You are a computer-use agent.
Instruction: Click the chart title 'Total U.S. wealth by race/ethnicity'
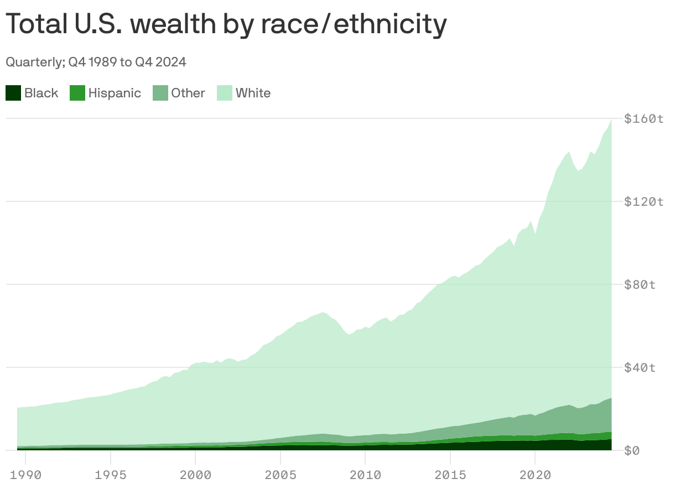pyautogui.click(x=226, y=24)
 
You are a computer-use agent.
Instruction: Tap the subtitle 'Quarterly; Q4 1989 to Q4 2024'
pyautogui.click(x=96, y=62)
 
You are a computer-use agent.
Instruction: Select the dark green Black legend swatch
pyautogui.click(x=13, y=93)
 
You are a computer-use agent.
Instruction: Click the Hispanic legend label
pyautogui.click(x=115, y=93)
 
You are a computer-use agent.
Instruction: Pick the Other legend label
pyautogui.click(x=188, y=93)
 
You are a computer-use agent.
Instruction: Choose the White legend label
pyautogui.click(x=253, y=93)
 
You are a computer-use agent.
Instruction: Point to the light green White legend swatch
pyautogui.click(x=224, y=93)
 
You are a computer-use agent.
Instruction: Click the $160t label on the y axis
pyautogui.click(x=643, y=118)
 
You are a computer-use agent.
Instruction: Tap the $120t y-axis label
pyautogui.click(x=643, y=201)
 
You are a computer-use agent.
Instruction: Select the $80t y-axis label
pyautogui.click(x=640, y=284)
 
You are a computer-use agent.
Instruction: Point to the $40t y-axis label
pyautogui.click(x=640, y=367)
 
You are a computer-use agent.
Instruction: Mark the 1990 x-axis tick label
pyautogui.click(x=25, y=474)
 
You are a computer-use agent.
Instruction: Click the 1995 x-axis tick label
pyautogui.click(x=111, y=474)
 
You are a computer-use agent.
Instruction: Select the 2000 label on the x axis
pyautogui.click(x=195, y=474)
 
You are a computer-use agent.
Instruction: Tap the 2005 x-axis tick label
pyautogui.click(x=281, y=474)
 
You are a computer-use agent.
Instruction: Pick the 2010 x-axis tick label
pyautogui.click(x=365, y=474)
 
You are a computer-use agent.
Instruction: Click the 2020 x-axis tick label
pyautogui.click(x=535, y=474)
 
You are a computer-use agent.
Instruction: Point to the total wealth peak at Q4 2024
pyautogui.click(x=611, y=120)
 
